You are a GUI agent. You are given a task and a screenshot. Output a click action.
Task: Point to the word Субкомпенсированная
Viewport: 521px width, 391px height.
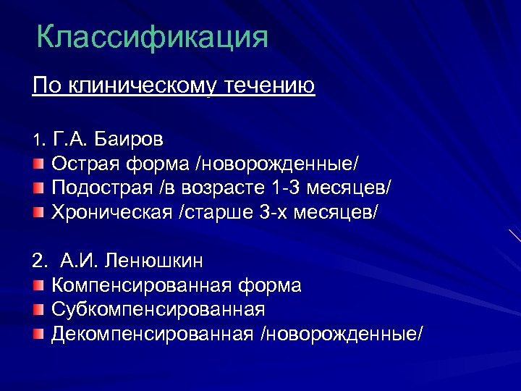pos(158,310)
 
